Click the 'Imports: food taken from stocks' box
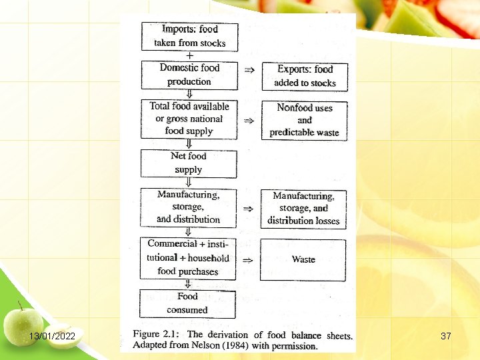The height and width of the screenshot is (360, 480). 189,36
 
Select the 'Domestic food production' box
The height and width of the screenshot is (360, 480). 189,75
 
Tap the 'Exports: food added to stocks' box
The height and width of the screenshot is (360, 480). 304,76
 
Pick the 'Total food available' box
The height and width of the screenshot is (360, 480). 189,119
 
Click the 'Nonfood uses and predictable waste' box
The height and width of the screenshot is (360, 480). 304,120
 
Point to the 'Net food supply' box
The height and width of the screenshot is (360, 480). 189,163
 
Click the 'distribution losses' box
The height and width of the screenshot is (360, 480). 303,208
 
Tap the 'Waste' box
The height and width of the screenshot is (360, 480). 303,259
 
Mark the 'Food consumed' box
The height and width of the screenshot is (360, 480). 187,303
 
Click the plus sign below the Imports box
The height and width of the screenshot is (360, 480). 190,55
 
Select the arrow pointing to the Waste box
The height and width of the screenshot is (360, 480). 248,260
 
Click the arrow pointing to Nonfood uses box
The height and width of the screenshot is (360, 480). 249,121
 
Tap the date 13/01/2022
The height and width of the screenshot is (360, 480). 53,336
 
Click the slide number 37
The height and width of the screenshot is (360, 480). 446,336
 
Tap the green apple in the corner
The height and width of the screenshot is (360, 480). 23,325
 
